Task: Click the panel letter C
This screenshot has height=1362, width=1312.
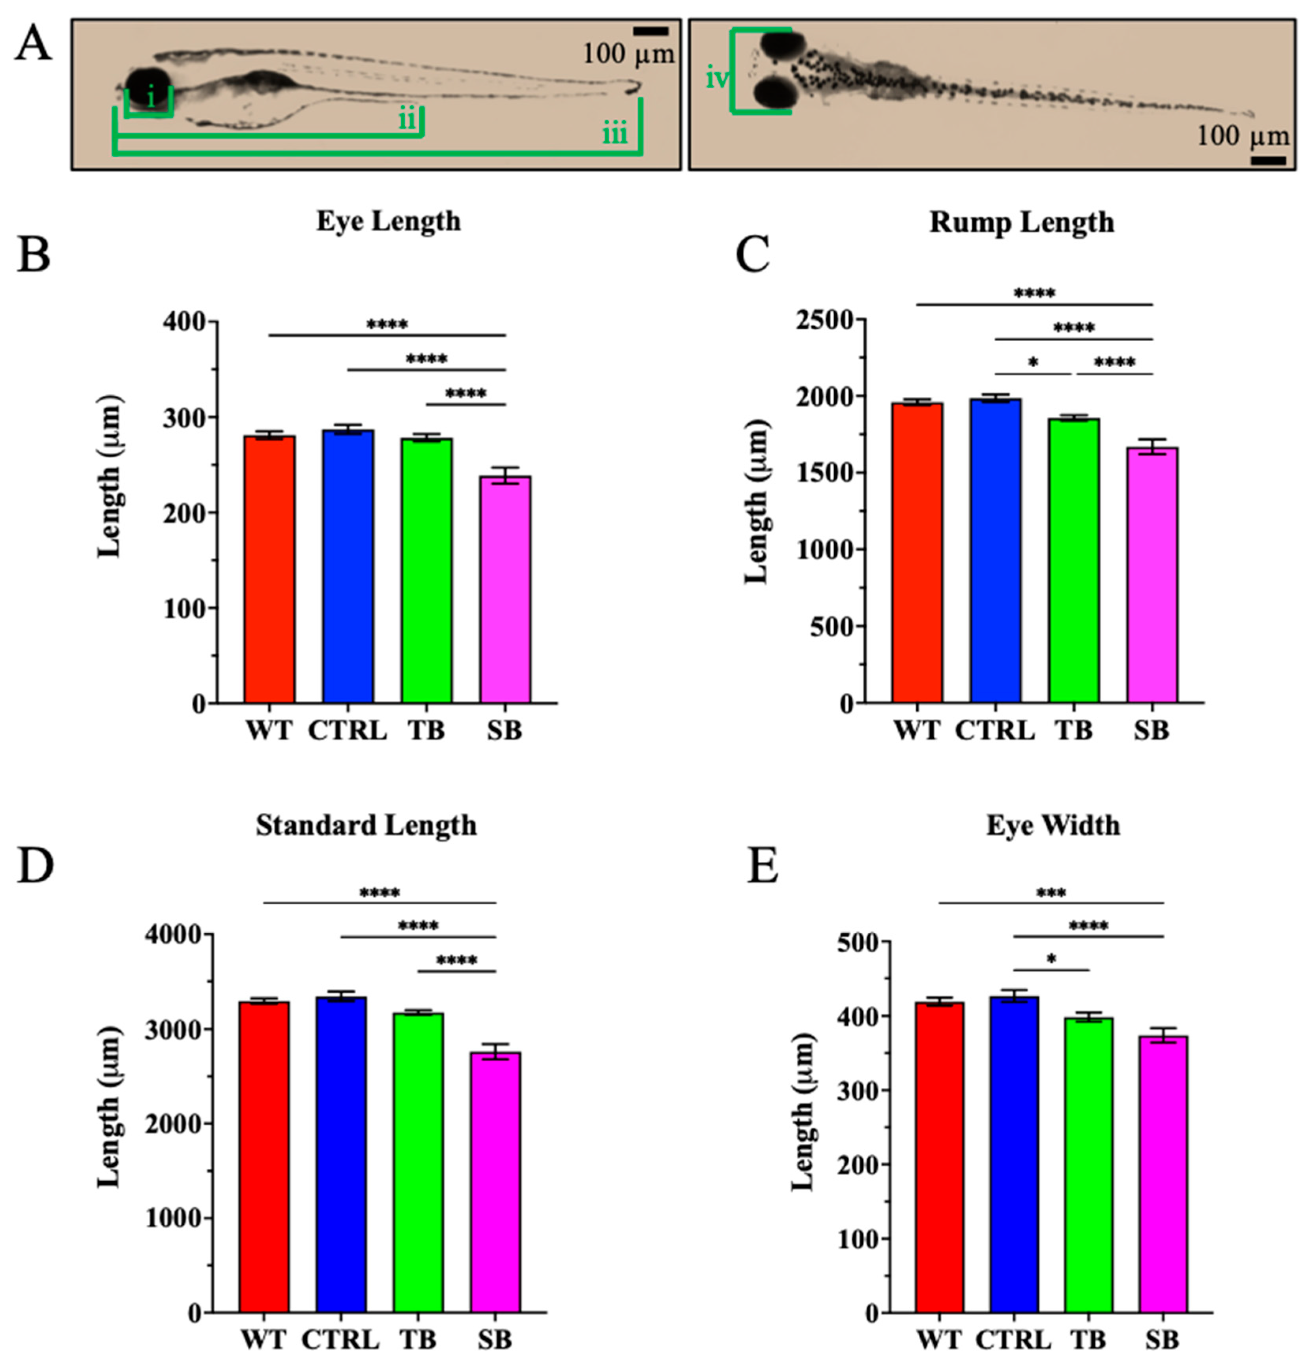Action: (x=753, y=254)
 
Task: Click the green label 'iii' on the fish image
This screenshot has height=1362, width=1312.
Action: (x=614, y=133)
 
